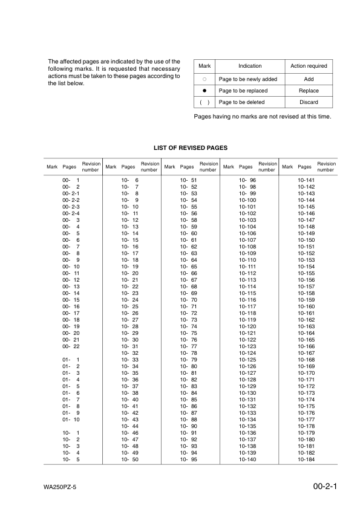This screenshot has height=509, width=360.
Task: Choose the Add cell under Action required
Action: (309, 79)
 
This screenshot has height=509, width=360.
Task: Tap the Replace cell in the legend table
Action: (309, 91)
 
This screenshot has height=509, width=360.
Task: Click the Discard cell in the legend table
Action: (309, 102)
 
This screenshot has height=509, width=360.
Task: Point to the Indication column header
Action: (250, 66)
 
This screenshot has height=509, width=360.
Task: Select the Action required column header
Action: (309, 66)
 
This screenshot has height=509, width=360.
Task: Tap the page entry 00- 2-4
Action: (71, 213)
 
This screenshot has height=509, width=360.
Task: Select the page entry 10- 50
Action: (130, 459)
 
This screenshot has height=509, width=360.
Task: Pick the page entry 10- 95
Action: (189, 459)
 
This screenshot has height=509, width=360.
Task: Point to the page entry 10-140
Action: (247, 459)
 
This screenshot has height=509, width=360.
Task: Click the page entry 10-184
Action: (306, 459)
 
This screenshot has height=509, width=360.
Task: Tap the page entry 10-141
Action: (306, 180)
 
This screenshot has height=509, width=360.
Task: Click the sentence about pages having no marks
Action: (262, 116)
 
